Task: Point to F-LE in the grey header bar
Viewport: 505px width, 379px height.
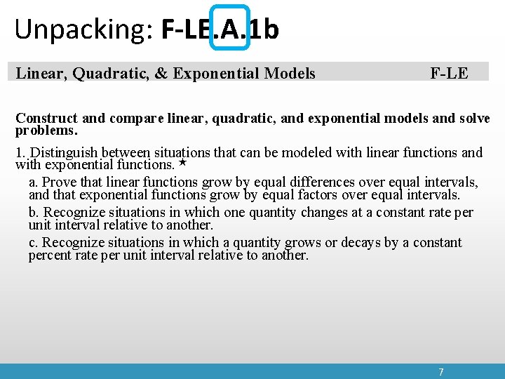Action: [449, 73]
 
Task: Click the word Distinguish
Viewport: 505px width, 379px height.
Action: [65, 152]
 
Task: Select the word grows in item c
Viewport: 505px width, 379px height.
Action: [305, 243]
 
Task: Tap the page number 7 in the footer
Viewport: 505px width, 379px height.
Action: [440, 371]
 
